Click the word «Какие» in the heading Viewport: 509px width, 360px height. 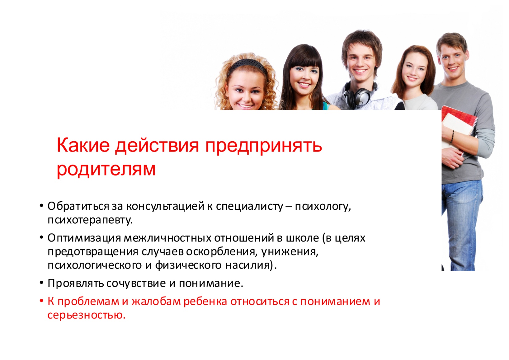(x=83, y=145)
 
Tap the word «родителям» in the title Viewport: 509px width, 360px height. (x=106, y=169)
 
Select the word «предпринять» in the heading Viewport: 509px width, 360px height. (x=263, y=147)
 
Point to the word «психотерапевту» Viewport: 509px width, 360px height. (x=90, y=220)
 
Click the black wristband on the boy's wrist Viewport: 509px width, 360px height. (x=453, y=136)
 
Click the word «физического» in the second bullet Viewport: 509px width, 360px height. (x=188, y=265)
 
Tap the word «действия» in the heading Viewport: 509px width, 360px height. (x=157, y=146)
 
